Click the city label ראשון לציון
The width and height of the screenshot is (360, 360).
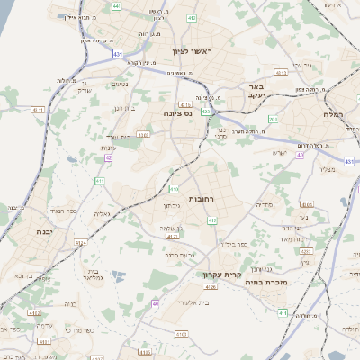(193, 51)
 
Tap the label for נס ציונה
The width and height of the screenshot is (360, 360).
(178, 114)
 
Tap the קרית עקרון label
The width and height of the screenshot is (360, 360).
(266, 267)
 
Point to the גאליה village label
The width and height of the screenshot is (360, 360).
(103, 213)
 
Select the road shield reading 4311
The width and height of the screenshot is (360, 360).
(38, 109)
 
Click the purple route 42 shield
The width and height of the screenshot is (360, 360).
(108, 157)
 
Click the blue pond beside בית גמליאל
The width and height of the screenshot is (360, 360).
(114, 274)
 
